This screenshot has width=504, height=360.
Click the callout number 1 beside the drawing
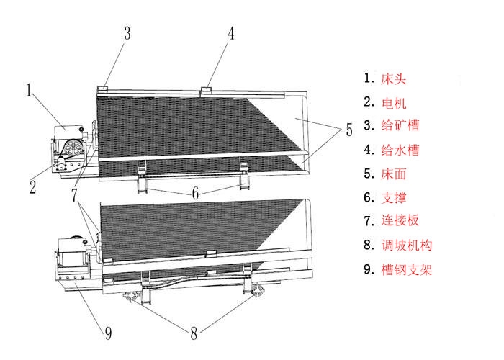[x=30, y=91]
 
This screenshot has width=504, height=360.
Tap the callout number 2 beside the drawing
[x=32, y=188]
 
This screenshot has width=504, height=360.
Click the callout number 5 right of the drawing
[x=348, y=130]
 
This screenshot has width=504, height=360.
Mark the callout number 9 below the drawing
[x=108, y=333]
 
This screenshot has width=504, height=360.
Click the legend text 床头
[x=395, y=78]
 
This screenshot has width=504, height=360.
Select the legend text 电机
[x=395, y=102]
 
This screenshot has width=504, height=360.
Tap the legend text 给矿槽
[x=400, y=126]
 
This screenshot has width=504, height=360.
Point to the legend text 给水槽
[x=400, y=150]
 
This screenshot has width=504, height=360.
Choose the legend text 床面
[x=395, y=174]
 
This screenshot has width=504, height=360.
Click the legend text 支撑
[x=395, y=197]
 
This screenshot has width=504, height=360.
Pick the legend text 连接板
[x=400, y=221]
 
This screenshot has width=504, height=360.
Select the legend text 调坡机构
[x=407, y=246]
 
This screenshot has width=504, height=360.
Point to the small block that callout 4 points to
[x=207, y=90]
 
